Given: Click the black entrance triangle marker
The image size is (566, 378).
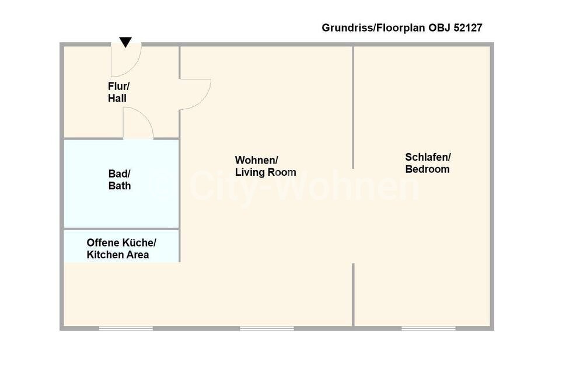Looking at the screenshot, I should [x=125, y=42].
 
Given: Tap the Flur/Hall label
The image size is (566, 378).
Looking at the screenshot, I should [x=118, y=92].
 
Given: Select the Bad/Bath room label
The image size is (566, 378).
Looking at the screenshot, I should [x=120, y=180].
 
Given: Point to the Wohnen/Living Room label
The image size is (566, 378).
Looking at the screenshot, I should [x=265, y=166].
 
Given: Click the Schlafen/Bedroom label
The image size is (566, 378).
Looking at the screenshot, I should [x=428, y=163].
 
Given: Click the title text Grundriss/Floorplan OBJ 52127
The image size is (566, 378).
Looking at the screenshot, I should [x=401, y=27].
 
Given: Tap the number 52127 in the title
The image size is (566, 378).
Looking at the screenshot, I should [x=467, y=27].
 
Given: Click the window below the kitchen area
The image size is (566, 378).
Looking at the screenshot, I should [x=125, y=328].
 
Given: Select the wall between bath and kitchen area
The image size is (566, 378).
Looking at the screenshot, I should [x=121, y=228].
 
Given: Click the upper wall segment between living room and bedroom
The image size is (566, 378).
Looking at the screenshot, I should [x=353, y=105].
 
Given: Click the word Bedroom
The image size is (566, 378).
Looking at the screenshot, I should [x=428, y=169].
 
